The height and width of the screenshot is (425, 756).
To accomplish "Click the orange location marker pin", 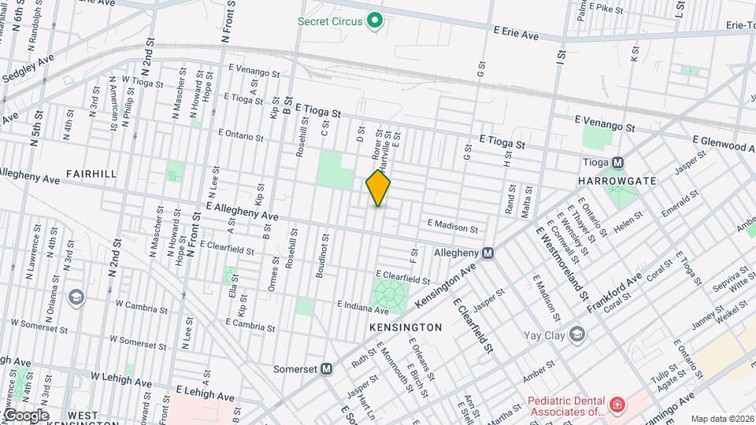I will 379,189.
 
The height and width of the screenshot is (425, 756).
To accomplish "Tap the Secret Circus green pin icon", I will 376,21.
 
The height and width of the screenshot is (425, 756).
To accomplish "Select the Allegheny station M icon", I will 488,253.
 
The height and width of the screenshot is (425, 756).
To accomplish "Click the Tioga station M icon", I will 618,163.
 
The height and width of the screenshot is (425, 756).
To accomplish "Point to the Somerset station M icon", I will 324,368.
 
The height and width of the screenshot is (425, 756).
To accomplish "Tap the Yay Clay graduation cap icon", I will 577,334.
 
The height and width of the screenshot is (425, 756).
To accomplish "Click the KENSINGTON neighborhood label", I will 404,327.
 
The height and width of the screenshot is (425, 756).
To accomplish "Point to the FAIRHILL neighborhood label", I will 91,173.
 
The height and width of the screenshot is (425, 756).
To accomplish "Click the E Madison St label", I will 453,227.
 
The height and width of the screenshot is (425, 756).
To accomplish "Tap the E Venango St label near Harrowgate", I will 605,124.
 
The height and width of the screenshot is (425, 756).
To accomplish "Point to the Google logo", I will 25,415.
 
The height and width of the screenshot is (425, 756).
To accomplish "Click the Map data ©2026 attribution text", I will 722,419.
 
